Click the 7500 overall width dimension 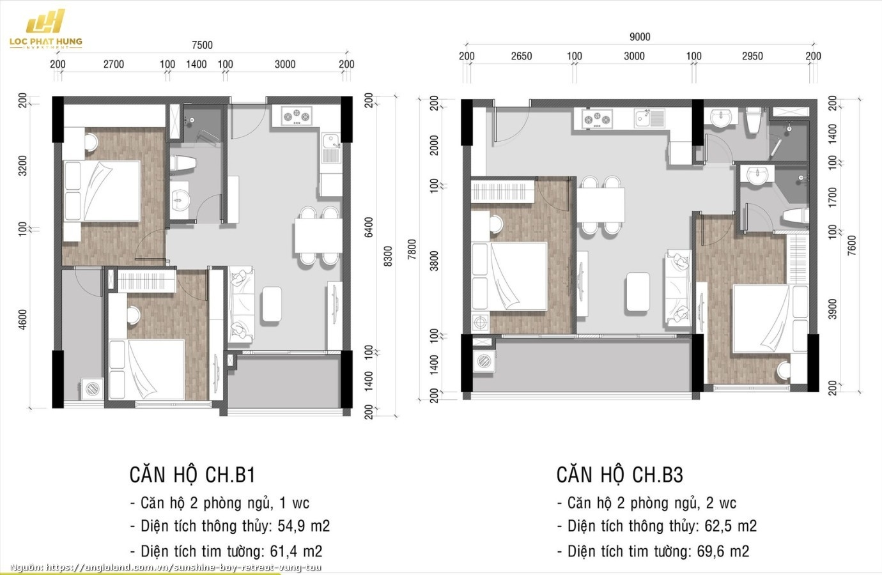click(x=202, y=45)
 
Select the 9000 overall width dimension click(x=639, y=37)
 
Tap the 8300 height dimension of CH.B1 click(x=388, y=256)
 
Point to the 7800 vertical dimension click(x=412, y=249)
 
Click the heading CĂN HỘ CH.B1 click(x=192, y=475)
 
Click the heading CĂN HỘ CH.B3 click(x=619, y=475)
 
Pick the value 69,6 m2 click(x=723, y=551)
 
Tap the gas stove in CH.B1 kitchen click(x=297, y=116)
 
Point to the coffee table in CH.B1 click(x=272, y=303)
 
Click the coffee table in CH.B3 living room click(x=638, y=292)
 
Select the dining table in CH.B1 click(x=317, y=235)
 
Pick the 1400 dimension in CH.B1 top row click(x=196, y=64)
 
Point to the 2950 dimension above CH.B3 click(x=752, y=56)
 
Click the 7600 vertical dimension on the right click(x=851, y=245)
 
